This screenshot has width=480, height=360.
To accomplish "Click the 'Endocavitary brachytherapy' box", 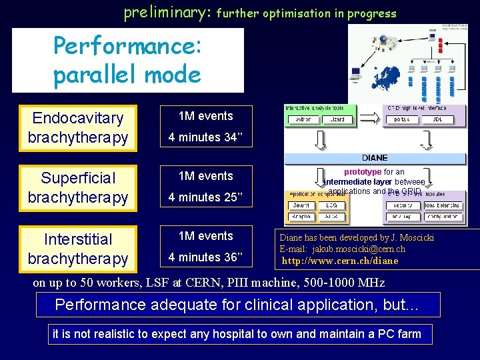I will pos(78,128).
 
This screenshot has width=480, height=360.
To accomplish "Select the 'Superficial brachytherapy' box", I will pos(78,188).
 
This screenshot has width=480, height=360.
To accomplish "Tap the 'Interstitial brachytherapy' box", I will pos(78,249).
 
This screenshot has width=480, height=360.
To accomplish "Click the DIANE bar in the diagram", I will pos(375,158).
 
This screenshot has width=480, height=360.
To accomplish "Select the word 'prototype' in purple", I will pos(363,172).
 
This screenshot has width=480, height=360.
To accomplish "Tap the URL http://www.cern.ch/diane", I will pos(340,261).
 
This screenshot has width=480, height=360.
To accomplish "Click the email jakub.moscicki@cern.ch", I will pos(359,249).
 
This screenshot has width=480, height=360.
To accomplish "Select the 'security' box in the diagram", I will pos(403,206).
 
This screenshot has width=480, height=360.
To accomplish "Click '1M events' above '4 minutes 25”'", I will pos(206,176).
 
